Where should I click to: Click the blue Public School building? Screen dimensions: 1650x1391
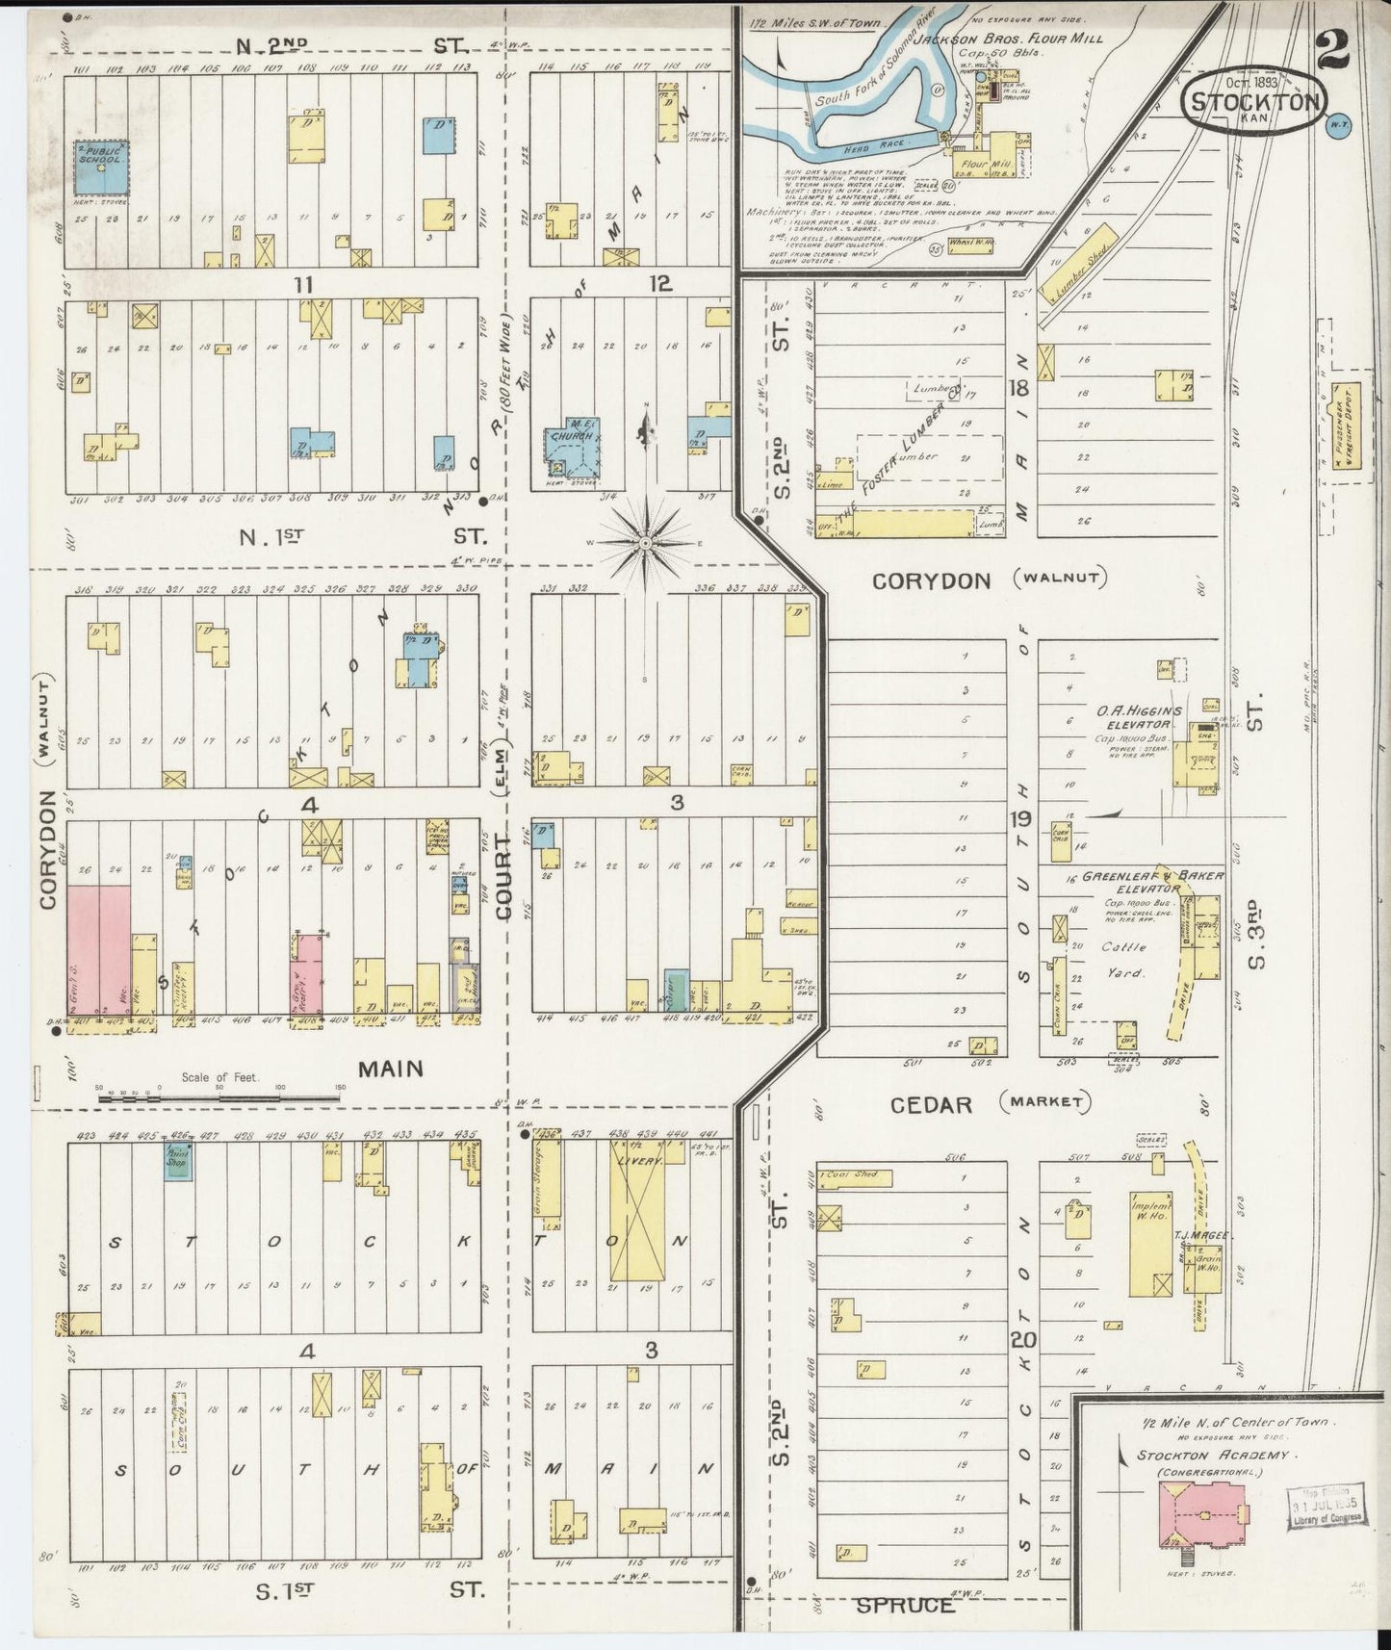pyautogui.click(x=103, y=166)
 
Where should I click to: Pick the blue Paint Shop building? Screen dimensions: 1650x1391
pyautogui.click(x=178, y=1161)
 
